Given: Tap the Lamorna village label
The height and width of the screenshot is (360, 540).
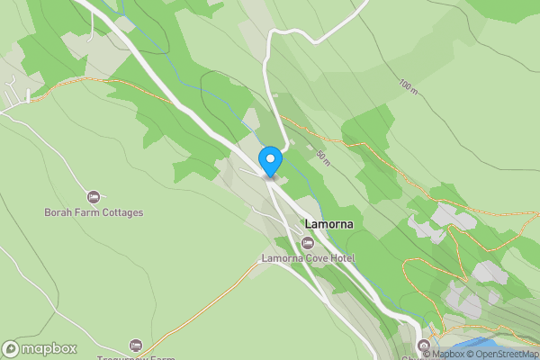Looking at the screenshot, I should [x=328, y=222].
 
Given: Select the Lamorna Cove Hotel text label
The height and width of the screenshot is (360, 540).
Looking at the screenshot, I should [x=308, y=258].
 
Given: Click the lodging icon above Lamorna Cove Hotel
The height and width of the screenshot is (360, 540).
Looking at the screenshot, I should [x=308, y=242].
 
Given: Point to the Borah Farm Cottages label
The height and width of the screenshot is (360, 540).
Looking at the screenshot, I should [x=94, y=213].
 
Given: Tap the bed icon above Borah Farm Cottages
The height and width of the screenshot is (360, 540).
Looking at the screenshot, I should [x=94, y=196].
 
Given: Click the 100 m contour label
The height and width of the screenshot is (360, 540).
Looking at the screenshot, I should [x=409, y=86].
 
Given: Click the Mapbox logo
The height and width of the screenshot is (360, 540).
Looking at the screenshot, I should [x=40, y=349].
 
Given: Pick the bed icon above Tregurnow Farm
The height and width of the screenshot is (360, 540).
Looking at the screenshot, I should [x=136, y=346].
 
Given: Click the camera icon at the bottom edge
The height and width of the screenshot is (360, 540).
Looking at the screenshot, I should [x=424, y=346].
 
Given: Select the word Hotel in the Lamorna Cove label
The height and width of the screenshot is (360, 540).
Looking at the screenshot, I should [x=341, y=258].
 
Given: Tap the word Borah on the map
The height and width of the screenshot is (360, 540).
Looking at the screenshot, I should [x=58, y=213].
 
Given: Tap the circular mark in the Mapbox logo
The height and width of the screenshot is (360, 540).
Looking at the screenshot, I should [x=11, y=349].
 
